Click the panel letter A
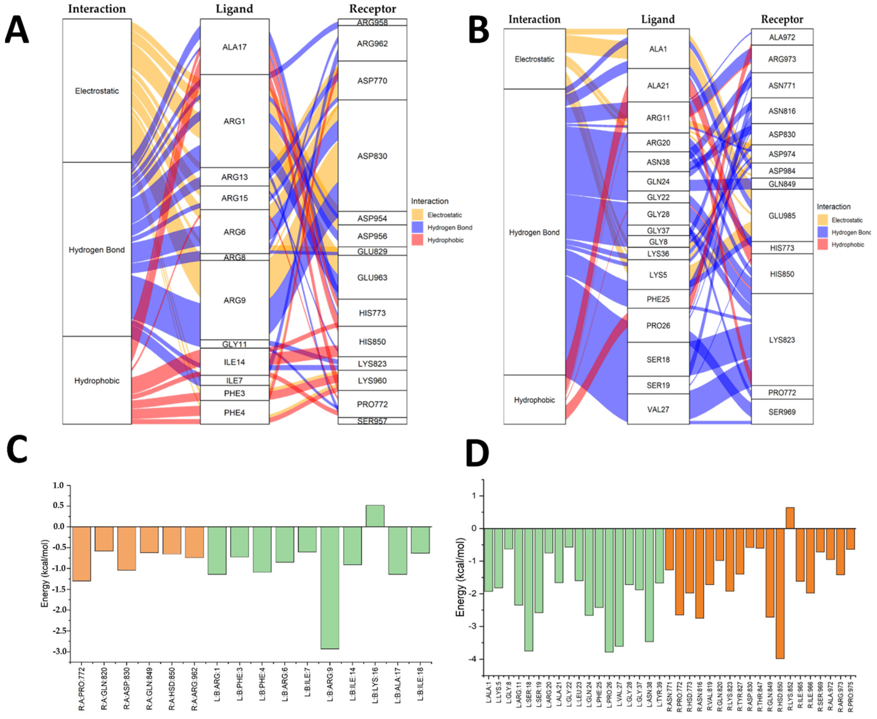click(17, 30)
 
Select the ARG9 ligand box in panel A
click(235, 300)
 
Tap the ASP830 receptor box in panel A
click(372, 156)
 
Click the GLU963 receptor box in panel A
click(372, 277)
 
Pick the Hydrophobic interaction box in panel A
click(97, 380)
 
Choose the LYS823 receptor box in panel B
click(782, 340)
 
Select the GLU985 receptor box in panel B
click(782, 215)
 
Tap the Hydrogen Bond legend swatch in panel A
click(417, 227)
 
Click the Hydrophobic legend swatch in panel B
click(823, 244)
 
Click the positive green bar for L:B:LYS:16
click(375, 516)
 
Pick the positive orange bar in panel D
click(790, 518)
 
